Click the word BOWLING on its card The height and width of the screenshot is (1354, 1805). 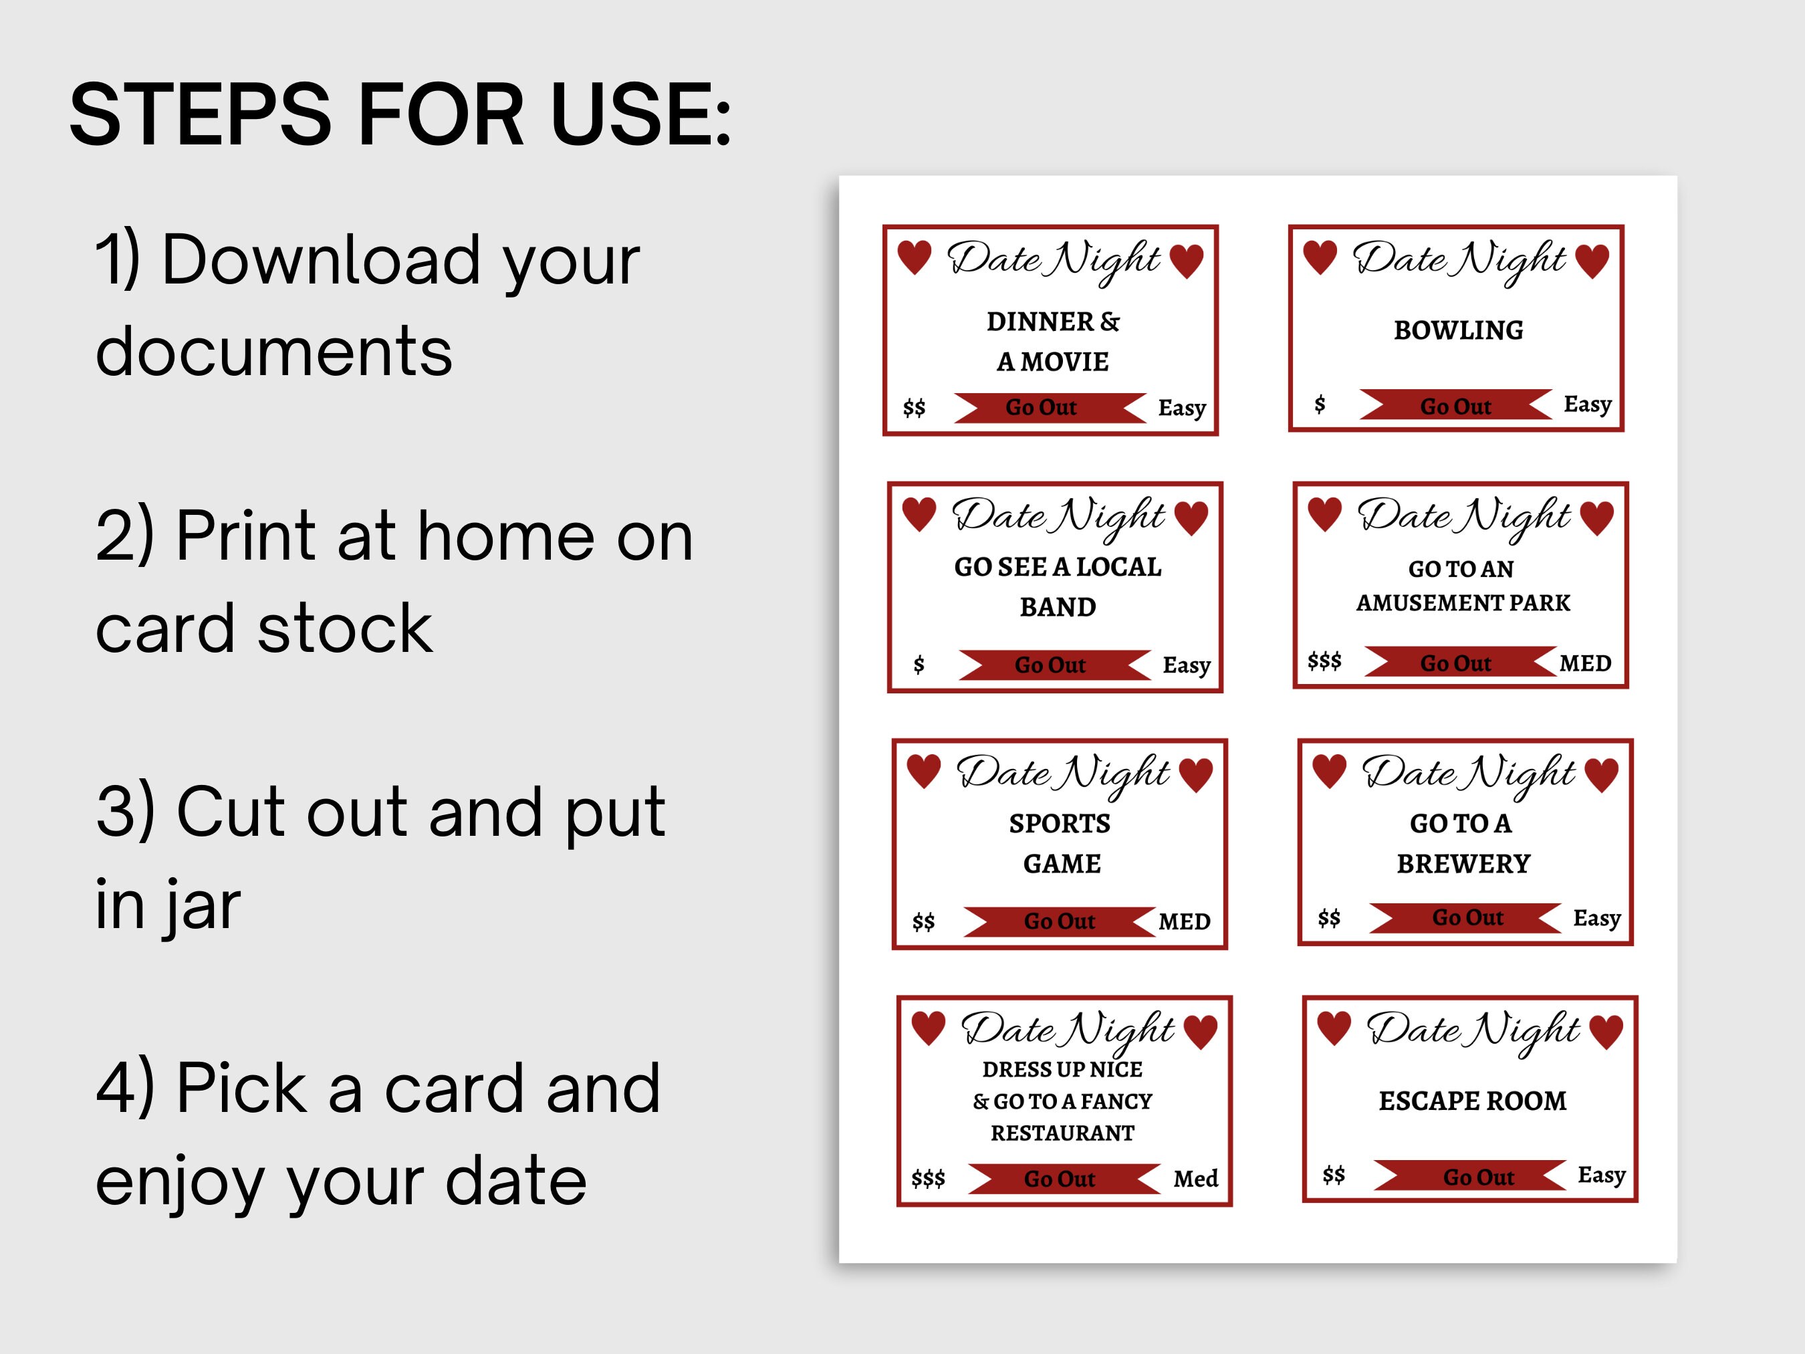point(1458,330)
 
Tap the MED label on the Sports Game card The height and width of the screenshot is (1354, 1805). point(1184,921)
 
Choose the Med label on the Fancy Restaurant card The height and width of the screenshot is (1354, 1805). point(1195,1179)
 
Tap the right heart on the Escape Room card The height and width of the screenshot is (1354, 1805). point(1606,1031)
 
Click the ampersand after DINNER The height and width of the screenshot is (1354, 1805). point(1110,322)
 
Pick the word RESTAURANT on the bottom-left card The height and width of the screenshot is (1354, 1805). point(1062,1133)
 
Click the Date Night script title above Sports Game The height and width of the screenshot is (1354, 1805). point(1062,772)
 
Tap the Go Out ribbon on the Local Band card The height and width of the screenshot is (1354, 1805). point(1050,665)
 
